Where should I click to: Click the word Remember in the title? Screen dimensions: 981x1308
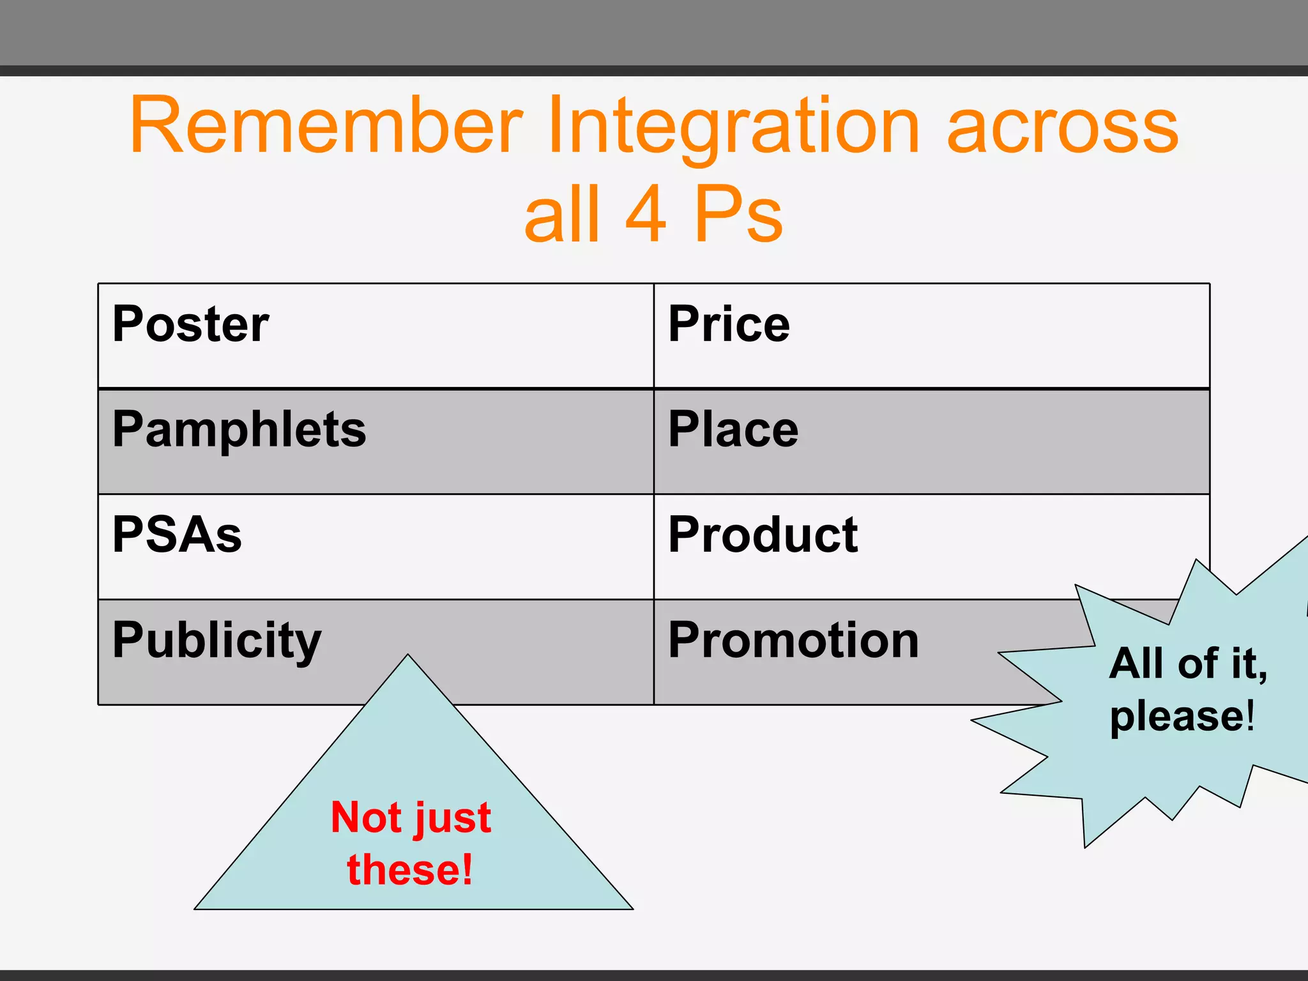pyautogui.click(x=326, y=125)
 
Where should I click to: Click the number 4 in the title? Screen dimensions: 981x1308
pyautogui.click(x=646, y=215)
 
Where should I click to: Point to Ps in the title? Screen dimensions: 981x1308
pyautogui.click(x=738, y=215)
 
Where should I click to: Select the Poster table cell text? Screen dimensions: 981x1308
pyautogui.click(x=190, y=324)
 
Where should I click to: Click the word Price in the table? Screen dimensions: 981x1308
pyautogui.click(x=729, y=324)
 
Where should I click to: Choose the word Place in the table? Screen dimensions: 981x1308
pyautogui.click(x=733, y=430)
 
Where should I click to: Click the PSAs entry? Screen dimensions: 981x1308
pyautogui.click(x=177, y=535)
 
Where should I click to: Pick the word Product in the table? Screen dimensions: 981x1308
pyautogui.click(x=763, y=535)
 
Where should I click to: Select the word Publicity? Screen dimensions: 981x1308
pyautogui.click(x=217, y=641)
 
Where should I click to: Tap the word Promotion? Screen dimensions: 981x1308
pyautogui.click(x=793, y=641)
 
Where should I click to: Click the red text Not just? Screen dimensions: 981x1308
pyautogui.click(x=411, y=818)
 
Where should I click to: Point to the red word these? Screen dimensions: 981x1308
pyautogui.click(x=410, y=870)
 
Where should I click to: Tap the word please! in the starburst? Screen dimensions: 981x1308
pyautogui.click(x=1182, y=717)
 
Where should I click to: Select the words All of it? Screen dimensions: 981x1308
pyautogui.click(x=1188, y=664)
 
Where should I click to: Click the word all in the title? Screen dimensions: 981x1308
pyautogui.click(x=562, y=215)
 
